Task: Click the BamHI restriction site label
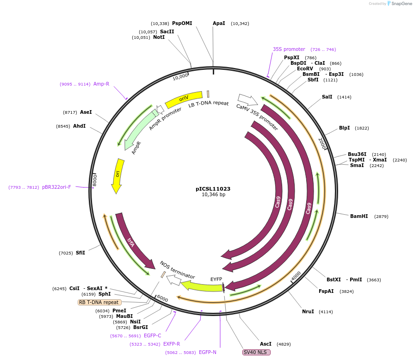[358, 216]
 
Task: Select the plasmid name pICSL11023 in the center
[213, 189]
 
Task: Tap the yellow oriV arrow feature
[184, 99]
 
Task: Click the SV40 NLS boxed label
[256, 352]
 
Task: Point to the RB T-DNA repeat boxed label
[99, 302]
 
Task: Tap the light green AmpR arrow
[139, 130]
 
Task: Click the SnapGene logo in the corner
[400, 3]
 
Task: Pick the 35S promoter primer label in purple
[289, 49]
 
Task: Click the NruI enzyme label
[308, 311]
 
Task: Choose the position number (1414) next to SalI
[344, 97]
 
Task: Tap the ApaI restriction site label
[219, 23]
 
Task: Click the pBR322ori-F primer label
[56, 187]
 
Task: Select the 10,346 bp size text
[213, 195]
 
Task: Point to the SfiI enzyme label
[80, 253]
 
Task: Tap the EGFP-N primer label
[208, 352]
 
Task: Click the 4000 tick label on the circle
[296, 276]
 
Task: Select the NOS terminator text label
[177, 269]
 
